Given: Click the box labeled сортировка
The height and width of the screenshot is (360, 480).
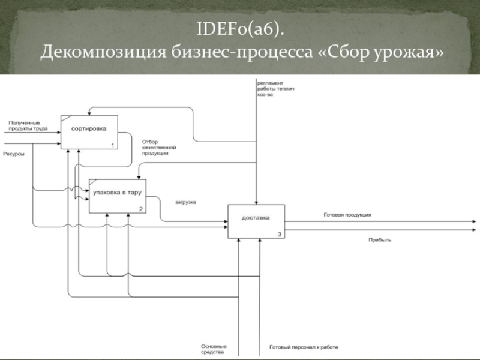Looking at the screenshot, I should pos(89,131).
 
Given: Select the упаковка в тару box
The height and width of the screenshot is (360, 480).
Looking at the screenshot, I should pos(118,195).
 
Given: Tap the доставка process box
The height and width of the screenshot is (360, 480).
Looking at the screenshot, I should pos(256,221).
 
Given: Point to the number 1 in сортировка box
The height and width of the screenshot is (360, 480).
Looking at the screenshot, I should pos(112,145).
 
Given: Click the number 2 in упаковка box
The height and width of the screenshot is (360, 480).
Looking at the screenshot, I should pos(140,209).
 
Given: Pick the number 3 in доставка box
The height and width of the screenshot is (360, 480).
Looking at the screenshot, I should pos(280,235).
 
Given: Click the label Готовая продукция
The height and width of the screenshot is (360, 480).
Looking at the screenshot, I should pos(347,215).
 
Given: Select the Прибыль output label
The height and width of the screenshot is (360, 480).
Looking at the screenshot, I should pos(380,239).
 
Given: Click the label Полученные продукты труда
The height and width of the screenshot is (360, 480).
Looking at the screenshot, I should pos(28,126).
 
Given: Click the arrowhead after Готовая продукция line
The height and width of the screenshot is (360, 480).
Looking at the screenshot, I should pos(476,220).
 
